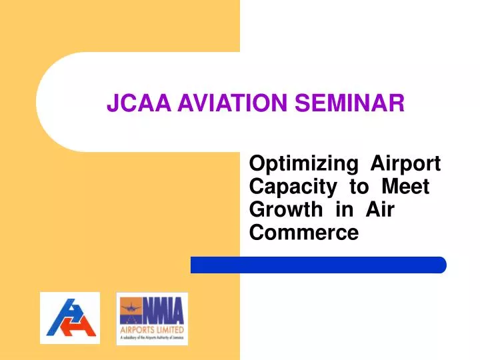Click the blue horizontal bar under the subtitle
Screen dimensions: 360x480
[x=318, y=265]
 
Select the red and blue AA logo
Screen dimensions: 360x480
[x=69, y=318]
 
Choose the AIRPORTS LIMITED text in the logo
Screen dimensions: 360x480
[x=151, y=329]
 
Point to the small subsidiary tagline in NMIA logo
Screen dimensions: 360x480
[x=151, y=339]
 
